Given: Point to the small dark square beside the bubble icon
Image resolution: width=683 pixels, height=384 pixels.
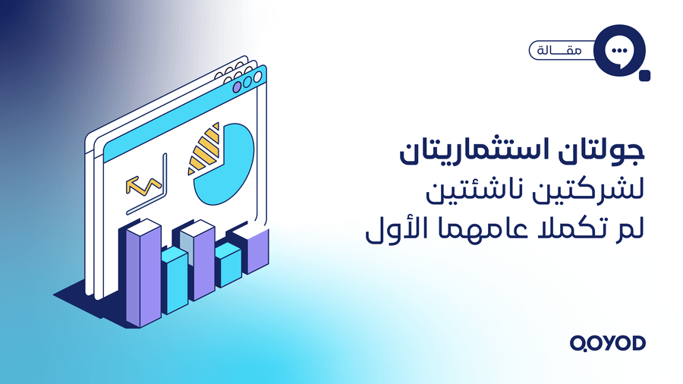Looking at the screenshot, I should coord(646,74).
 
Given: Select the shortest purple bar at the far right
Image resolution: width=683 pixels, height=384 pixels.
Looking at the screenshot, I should coord(257,250).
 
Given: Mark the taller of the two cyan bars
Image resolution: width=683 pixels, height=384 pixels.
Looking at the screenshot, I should coord(175,281).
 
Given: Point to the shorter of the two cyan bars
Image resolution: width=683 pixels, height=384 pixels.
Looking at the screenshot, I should coord(227,265).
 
